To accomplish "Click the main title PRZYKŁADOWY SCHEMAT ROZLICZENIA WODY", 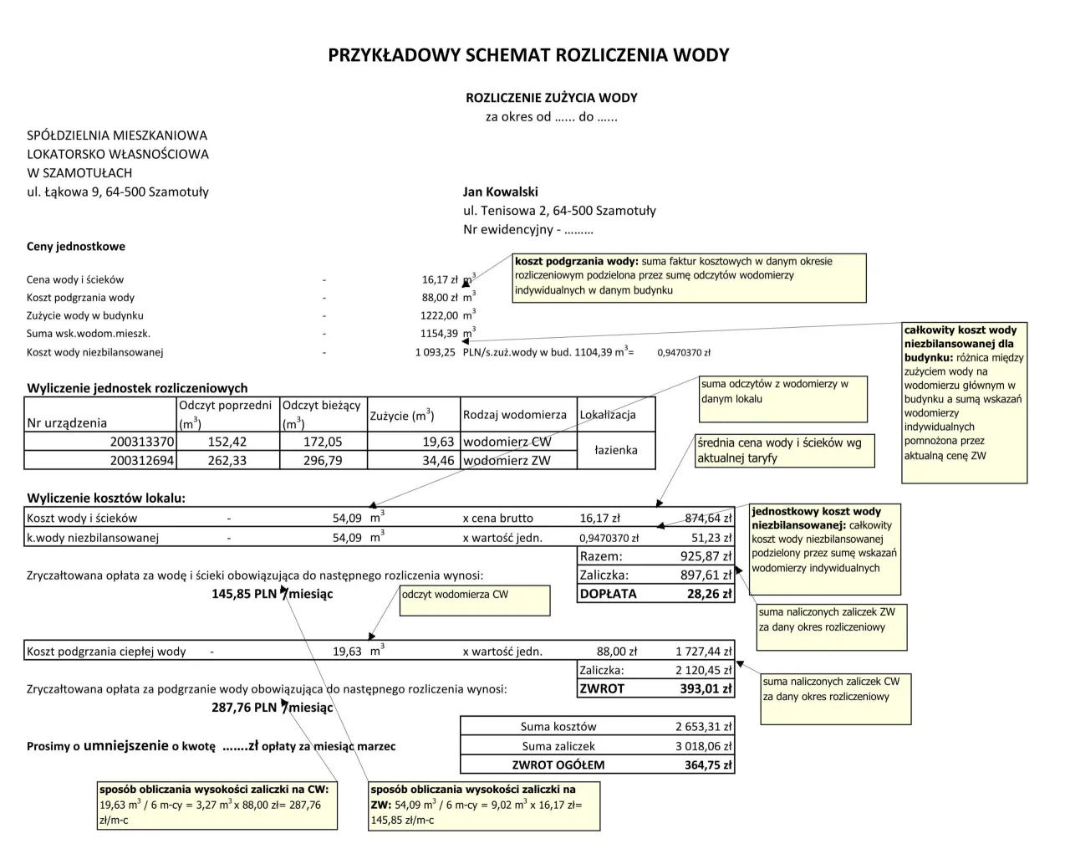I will click(528, 55).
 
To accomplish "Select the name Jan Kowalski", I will click(500, 192).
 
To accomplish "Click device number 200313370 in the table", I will click(142, 442).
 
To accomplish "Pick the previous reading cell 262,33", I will click(227, 460).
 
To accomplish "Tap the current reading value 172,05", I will click(323, 442).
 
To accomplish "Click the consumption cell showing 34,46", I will click(438, 460).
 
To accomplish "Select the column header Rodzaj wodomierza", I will click(514, 415).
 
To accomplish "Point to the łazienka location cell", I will click(615, 450).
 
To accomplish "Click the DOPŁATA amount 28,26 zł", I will click(709, 594).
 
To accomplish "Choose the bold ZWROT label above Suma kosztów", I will click(602, 688).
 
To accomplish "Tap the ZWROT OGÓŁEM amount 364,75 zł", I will click(707, 765).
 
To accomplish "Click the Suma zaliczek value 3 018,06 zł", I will click(703, 746).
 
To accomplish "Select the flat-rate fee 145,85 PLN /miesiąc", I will click(272, 594).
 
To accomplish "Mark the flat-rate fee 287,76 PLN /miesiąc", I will click(272, 708).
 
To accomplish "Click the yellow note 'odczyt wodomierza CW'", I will click(474, 600).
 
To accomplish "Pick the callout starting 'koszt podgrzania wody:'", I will click(689, 278).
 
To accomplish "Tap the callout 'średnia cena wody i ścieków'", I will click(784, 451).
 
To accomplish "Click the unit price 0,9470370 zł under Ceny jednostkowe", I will click(683, 353).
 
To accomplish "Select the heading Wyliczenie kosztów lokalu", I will click(106, 498).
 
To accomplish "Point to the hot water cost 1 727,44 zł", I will click(703, 651).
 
